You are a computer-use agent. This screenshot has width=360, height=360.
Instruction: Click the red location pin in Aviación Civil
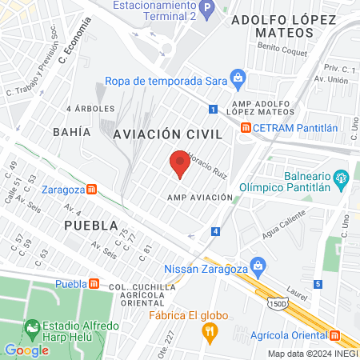coord(180,164)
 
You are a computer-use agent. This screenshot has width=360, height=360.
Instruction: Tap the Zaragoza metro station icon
coord(92,190)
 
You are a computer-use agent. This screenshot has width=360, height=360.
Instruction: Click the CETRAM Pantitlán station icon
coord(246,128)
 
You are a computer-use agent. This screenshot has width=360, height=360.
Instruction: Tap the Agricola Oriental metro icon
coord(336,336)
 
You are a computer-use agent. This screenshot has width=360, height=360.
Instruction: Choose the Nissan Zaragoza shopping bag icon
coord(258,265)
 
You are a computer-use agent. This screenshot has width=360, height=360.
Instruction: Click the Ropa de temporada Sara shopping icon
coord(238,78)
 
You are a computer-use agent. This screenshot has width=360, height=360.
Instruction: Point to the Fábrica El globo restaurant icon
coord(210,332)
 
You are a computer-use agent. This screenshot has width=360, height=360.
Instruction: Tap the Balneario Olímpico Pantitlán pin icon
coord(342,177)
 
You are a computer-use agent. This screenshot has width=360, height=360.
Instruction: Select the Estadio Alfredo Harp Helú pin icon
coord(32,327)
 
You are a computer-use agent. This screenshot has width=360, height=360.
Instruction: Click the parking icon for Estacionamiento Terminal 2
coord(207,11)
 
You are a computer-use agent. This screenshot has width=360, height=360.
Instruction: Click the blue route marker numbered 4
coord(216,232)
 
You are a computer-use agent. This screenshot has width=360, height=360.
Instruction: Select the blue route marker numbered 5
coord(318,284)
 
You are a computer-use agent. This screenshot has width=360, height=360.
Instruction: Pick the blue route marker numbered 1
coord(213,110)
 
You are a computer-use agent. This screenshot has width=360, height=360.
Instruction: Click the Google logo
coord(26,350)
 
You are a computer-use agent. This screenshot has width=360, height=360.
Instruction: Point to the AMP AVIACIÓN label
coord(200,197)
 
